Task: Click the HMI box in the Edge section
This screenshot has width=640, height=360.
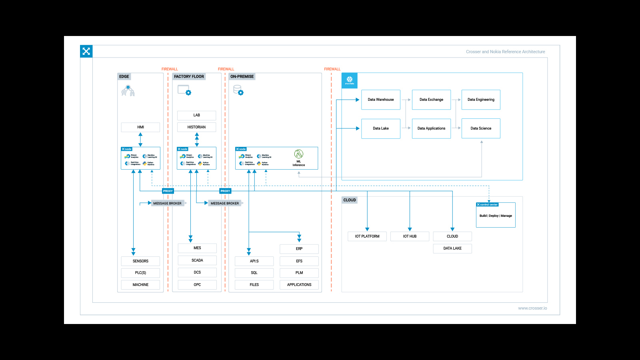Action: (x=140, y=127)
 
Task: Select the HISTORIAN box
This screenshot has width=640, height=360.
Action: (x=196, y=127)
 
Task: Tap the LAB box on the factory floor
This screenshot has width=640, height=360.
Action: (x=196, y=115)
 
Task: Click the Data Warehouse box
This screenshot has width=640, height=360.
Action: (x=380, y=100)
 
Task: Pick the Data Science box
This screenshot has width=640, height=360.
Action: (x=481, y=128)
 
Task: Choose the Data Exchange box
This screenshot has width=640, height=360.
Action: (x=431, y=100)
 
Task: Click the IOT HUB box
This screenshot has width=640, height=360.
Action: (x=410, y=236)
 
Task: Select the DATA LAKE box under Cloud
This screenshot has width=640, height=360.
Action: (x=452, y=248)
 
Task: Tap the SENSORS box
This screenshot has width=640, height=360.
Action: (x=140, y=261)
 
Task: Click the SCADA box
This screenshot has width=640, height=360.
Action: (x=197, y=260)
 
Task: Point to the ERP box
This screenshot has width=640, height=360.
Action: (x=299, y=249)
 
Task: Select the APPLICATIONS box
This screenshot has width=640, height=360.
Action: (x=299, y=285)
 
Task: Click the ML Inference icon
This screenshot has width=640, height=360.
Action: (x=299, y=154)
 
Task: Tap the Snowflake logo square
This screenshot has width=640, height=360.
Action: (x=350, y=80)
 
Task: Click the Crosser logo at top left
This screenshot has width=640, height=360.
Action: (x=86, y=51)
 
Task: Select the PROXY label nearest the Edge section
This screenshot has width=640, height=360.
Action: (x=168, y=191)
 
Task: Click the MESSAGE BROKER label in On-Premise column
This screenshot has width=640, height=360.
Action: (x=225, y=203)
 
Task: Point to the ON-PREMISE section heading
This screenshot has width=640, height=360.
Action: (x=242, y=76)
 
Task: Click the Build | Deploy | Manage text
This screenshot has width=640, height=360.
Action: (x=496, y=216)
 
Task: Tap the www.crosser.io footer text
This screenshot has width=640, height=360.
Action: (x=532, y=308)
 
